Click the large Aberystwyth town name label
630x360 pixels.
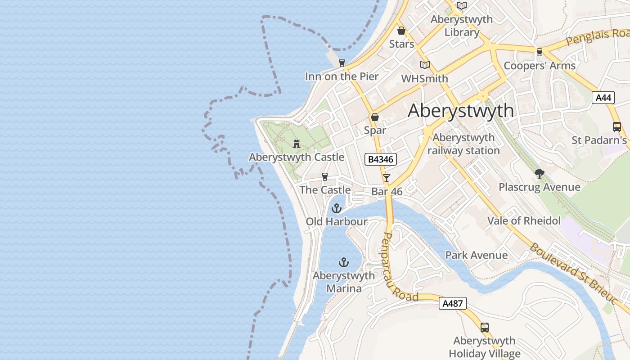460,111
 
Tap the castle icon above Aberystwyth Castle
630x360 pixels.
297,144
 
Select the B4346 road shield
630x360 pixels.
381,159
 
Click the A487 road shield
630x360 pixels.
453,303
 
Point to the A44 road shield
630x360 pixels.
603,98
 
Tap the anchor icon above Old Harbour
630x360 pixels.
337,208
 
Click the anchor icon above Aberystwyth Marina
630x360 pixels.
344,262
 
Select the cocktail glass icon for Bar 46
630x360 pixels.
387,178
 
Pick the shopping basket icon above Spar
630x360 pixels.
375,117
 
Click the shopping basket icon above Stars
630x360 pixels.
401,31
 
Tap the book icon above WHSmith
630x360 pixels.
424,65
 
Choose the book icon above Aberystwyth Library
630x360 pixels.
462,6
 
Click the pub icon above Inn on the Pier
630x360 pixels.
342,63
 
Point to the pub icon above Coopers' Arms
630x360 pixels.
539,52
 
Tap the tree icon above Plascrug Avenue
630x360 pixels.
539,173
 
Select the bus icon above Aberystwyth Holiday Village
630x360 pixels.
484,327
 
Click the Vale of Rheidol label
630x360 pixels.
524,220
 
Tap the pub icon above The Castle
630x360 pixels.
325,176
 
